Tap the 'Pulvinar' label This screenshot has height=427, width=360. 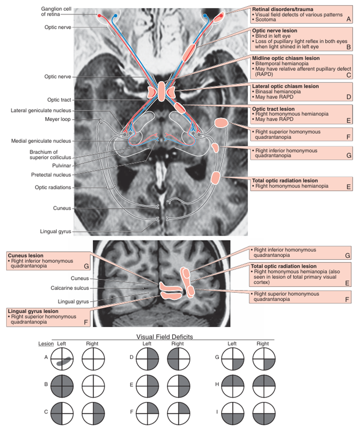click(x=62, y=165)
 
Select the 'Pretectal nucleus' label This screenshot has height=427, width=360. click(x=51, y=175)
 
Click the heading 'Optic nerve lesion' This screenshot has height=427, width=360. click(x=275, y=30)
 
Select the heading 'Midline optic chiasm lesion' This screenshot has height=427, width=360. click(x=286, y=58)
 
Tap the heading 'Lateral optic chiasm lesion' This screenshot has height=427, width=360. click(x=285, y=86)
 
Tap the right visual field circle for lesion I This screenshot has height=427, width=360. click(x=263, y=412)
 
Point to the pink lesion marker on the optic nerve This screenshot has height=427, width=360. click(x=189, y=53)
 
